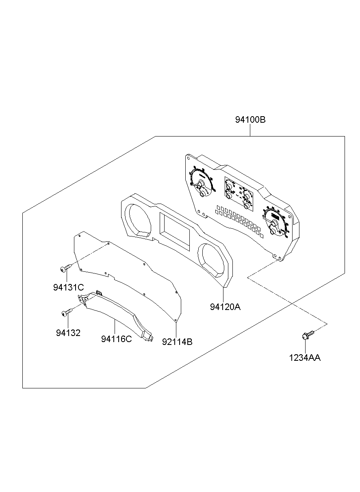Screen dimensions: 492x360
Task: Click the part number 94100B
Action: click(x=250, y=120)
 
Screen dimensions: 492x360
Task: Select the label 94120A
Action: click(x=225, y=307)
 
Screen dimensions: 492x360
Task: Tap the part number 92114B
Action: click(x=177, y=342)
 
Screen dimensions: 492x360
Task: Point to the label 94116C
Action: click(x=117, y=339)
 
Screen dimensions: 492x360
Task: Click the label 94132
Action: click(x=68, y=333)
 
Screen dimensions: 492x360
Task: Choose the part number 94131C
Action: click(x=68, y=287)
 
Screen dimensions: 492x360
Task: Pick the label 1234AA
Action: click(x=305, y=358)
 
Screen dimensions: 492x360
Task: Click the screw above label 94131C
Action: click(x=66, y=269)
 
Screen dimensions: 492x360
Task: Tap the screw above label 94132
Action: click(x=66, y=312)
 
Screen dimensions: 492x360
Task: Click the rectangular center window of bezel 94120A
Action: click(x=175, y=230)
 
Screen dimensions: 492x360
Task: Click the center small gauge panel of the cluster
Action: click(x=238, y=193)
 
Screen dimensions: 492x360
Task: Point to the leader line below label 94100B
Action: click(x=250, y=130)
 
